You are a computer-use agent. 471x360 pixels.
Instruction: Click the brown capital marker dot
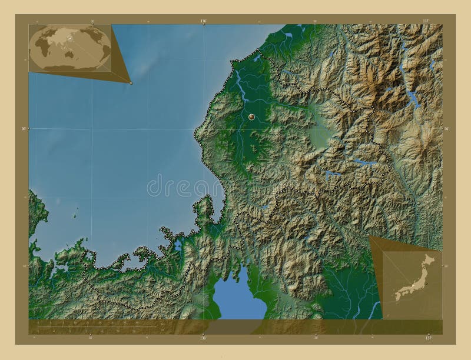(x=251, y=118)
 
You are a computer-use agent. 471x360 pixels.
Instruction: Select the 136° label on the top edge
(x=203, y=21)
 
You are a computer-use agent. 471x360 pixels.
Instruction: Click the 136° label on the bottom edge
(x=203, y=339)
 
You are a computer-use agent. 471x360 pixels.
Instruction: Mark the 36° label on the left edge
(x=24, y=128)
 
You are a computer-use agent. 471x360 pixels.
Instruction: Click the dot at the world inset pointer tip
(x=131, y=83)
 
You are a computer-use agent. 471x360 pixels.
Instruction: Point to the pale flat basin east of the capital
(x=320, y=136)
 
